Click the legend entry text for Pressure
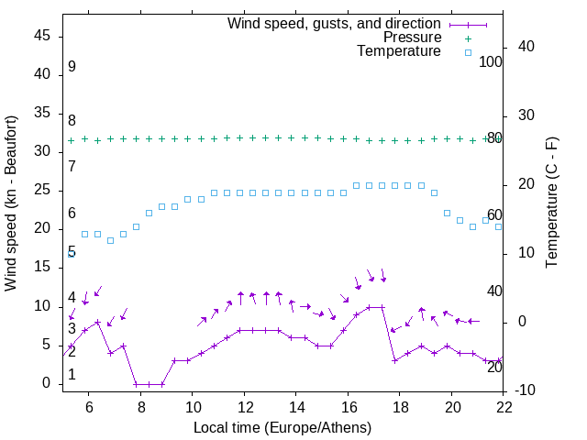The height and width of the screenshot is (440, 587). pyautogui.click(x=412, y=38)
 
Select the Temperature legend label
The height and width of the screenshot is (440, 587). pyautogui.click(x=399, y=51)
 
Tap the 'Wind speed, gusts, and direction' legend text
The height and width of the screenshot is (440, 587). pyautogui.click(x=335, y=23)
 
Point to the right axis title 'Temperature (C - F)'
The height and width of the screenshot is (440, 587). pyautogui.click(x=551, y=203)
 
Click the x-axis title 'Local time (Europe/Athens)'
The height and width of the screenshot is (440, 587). pyautogui.click(x=283, y=427)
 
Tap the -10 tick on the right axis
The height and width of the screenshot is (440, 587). pyautogui.click(x=527, y=390)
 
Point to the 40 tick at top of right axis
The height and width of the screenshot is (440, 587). pyautogui.click(x=527, y=47)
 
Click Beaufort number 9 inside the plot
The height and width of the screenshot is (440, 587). pyautogui.click(x=72, y=67)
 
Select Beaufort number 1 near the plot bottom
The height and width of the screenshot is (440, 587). pyautogui.click(x=72, y=375)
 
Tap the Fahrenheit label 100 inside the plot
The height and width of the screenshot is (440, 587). pyautogui.click(x=491, y=61)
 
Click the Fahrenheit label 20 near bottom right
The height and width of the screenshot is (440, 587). pyautogui.click(x=494, y=367)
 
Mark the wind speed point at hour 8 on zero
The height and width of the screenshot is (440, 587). pyautogui.click(x=136, y=384)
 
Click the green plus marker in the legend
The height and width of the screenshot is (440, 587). pyautogui.click(x=468, y=38)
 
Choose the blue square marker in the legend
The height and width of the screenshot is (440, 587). pyautogui.click(x=468, y=52)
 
